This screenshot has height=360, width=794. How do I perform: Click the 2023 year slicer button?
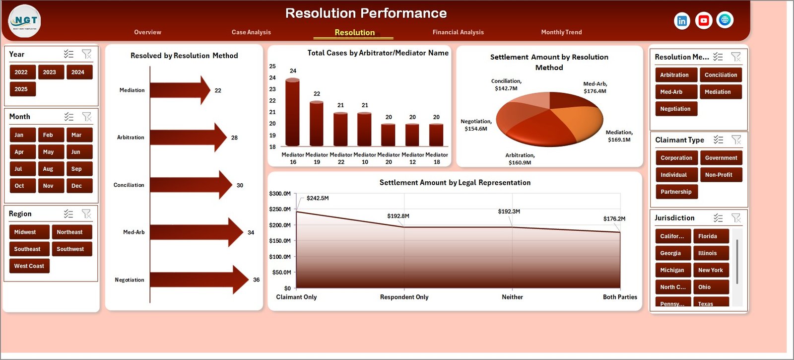pos(50,72)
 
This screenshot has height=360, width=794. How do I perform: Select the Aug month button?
pos(48,169)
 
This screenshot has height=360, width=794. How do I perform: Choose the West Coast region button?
pos(29,266)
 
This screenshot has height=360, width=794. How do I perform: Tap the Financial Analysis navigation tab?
pos(458,32)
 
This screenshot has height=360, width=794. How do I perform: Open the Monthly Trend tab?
pos(561,32)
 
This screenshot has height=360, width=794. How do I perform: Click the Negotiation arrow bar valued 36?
pos(198,280)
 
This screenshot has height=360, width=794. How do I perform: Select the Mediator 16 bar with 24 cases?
pos(293,112)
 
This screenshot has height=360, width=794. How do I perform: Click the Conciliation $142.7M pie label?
pos(506,85)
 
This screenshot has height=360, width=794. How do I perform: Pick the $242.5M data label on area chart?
pos(318,198)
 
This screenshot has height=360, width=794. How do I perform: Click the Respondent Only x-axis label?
pos(404,297)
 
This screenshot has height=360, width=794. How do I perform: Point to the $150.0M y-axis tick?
pos(280,241)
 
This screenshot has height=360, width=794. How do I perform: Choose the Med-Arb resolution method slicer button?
pos(671,92)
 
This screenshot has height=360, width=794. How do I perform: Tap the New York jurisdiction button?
pos(711,270)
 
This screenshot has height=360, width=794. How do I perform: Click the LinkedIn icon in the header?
pos(682,21)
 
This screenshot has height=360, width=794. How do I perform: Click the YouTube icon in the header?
pos(704,20)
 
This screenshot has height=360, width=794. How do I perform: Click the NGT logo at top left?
pos(25,21)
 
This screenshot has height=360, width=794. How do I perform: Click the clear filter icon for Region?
pos(87,214)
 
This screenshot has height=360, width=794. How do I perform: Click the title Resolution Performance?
pos(366,13)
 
